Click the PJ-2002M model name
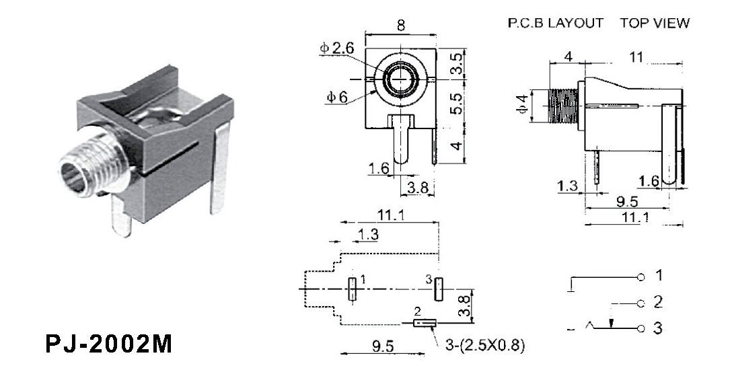tap(108, 344)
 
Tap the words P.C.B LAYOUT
tap(555, 24)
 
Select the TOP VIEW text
tap(655, 24)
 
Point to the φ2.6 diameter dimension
tap(336, 48)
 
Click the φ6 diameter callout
tap(336, 97)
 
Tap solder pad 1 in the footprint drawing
tap(351, 289)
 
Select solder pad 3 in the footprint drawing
tap(438, 289)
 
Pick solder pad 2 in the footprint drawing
tap(424, 324)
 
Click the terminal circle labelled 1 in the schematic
tap(641, 277)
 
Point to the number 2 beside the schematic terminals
tap(658, 302)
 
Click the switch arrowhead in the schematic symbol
tap(611, 324)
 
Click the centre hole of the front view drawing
tap(401, 79)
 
